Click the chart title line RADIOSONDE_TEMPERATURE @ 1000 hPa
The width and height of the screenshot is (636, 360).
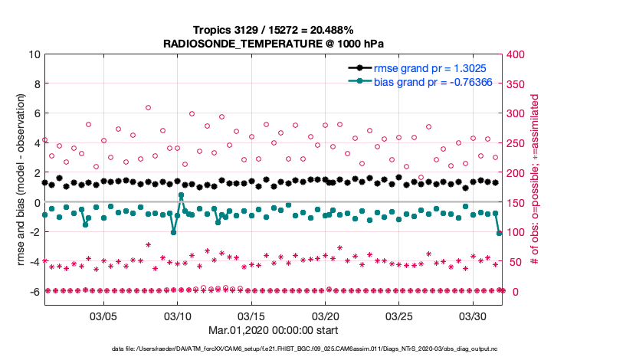click(x=274, y=44)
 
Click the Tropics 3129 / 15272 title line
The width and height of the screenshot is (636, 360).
click(x=274, y=30)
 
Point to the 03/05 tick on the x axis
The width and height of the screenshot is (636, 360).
click(x=103, y=316)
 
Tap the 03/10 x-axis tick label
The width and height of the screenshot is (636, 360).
click(x=178, y=316)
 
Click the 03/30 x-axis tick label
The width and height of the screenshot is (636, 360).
click(x=474, y=316)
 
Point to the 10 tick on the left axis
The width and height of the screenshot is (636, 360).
click(x=34, y=54)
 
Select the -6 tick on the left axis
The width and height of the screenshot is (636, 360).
click(x=34, y=291)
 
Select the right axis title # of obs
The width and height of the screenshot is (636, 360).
click(x=536, y=173)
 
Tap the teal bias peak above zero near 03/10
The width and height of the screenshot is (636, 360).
click(x=182, y=195)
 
